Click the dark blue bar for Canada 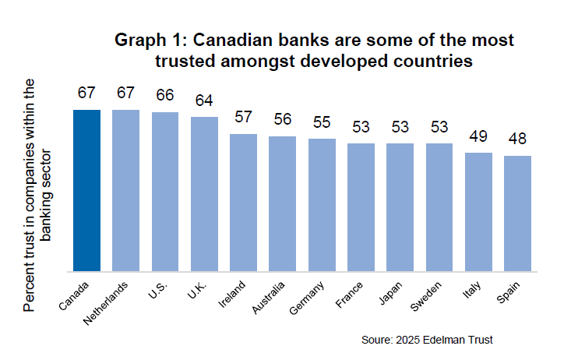point(86,191)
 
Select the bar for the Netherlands point(125,191)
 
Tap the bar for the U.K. point(204,195)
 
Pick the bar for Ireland point(243,203)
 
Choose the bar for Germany point(322,205)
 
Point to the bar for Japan point(400,207)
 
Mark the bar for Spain point(517,214)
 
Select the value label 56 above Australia point(282,120)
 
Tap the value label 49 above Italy point(478,136)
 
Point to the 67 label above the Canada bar point(86,94)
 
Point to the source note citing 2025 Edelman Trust point(428,340)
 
